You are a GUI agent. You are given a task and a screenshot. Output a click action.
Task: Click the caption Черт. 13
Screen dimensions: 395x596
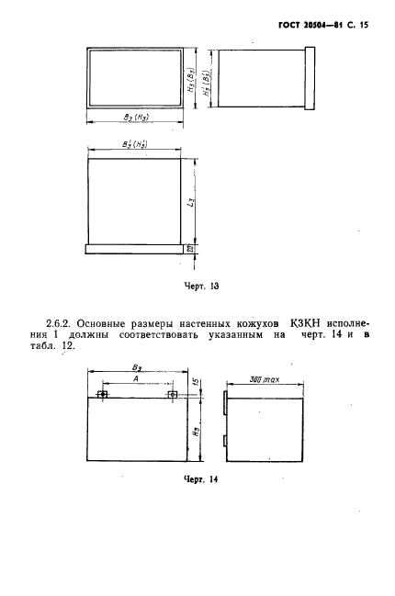coord(203,285)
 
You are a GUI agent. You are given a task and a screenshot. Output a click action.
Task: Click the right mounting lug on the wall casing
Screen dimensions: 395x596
coord(173,396)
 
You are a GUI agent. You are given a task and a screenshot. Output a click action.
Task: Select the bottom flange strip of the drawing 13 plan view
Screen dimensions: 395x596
coord(135,247)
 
